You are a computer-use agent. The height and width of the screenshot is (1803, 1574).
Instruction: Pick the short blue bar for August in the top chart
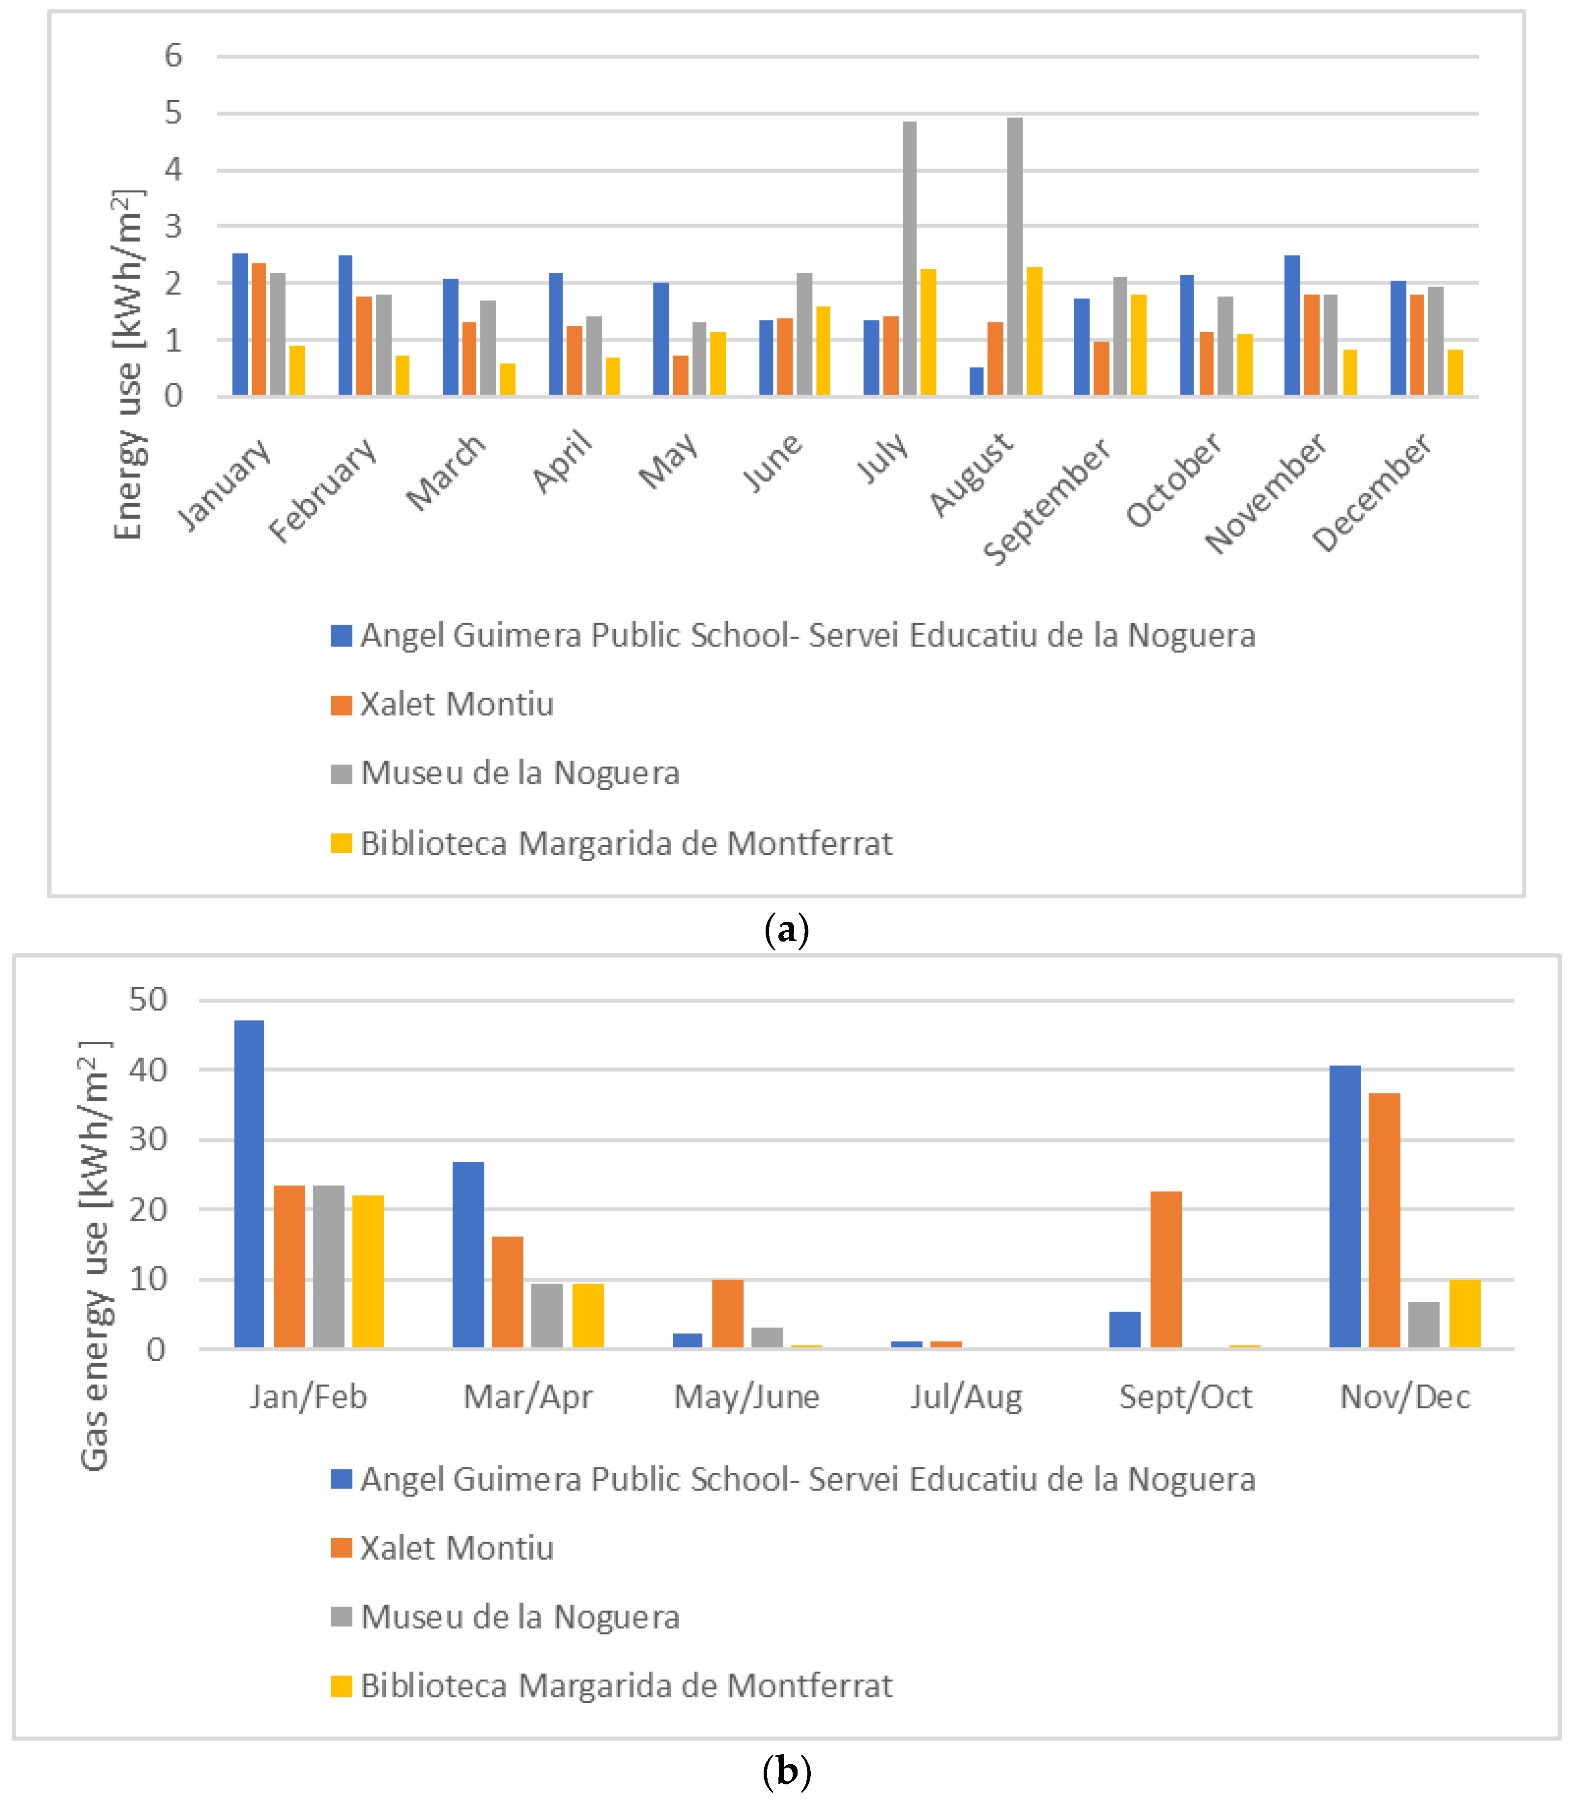(977, 381)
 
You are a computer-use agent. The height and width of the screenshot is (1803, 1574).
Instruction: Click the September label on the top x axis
(1048, 501)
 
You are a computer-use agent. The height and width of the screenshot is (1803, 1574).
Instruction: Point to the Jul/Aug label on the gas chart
(966, 1397)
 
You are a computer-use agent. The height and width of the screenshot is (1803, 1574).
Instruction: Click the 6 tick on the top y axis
(173, 56)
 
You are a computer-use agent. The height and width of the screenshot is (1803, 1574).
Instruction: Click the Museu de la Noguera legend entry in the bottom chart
(520, 1617)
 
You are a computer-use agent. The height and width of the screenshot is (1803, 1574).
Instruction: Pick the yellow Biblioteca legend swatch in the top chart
(341, 843)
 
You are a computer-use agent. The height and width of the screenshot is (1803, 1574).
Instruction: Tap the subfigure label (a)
(786, 929)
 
